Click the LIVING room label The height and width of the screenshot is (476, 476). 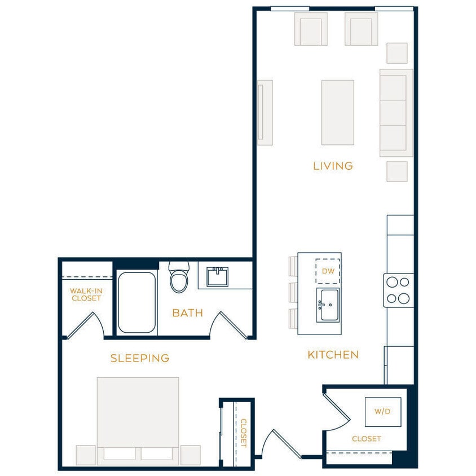coord(333,166)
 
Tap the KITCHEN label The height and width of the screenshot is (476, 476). coord(333,355)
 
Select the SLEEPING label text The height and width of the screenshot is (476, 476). coord(140,358)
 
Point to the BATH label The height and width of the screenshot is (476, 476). coord(187,313)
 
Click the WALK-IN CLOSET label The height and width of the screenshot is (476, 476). coord(86,294)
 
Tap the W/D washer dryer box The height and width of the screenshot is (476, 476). coord(382,411)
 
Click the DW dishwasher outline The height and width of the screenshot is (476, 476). coord(327,271)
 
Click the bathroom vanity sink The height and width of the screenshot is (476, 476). coord(217,277)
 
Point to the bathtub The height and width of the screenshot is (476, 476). coord(136,302)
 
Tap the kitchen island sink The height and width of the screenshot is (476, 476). coord(328,305)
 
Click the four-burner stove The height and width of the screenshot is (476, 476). coord(398,290)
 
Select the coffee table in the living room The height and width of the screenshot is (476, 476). coord(337,112)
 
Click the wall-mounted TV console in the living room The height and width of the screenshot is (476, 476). coord(265,112)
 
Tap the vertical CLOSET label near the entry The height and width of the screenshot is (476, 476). coord(244,433)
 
